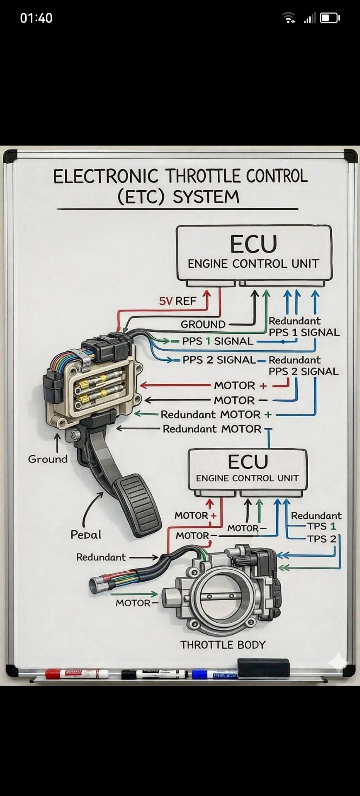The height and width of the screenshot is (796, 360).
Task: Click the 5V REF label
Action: [x=178, y=301]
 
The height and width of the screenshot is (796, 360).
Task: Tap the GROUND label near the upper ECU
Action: [x=203, y=325]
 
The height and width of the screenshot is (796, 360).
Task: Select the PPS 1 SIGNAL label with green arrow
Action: [x=217, y=341]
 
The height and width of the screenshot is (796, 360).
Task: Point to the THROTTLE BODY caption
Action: [x=223, y=645]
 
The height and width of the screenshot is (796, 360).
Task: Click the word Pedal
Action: [x=86, y=534]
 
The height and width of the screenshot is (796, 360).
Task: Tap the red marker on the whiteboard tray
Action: [x=77, y=674]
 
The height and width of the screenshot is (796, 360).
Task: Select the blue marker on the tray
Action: [x=214, y=675]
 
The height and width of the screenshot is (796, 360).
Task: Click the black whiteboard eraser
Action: [x=263, y=667]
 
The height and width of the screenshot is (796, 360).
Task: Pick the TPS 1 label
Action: [x=321, y=526]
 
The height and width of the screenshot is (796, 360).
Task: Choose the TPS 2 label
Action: [x=322, y=539]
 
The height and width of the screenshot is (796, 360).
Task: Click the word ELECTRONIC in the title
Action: [x=106, y=177]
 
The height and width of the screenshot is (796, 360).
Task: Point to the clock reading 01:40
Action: [x=36, y=18]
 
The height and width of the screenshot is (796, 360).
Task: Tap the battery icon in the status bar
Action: [x=330, y=18]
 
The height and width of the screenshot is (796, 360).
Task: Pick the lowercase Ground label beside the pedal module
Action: [x=48, y=459]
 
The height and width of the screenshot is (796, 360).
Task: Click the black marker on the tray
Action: [x=154, y=674]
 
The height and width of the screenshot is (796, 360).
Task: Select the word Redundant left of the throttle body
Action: [x=101, y=557]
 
